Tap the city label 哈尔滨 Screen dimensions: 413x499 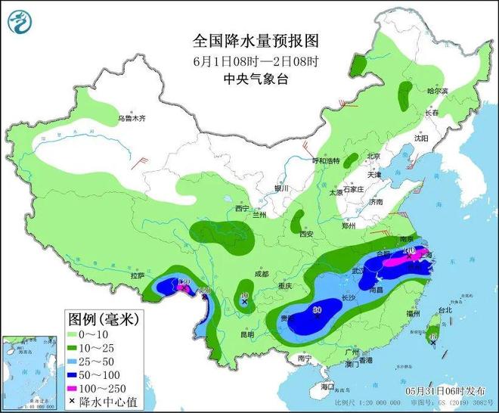(x=437, y=91)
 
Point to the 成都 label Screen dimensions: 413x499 (x=262, y=274)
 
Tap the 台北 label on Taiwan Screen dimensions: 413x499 (x=444, y=309)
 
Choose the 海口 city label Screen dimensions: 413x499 (x=327, y=387)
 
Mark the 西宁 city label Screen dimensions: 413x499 (x=241, y=208)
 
